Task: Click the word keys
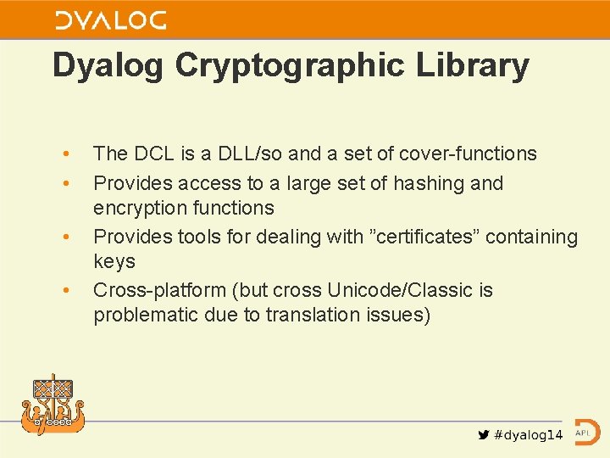pos(114,261)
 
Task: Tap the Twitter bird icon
pos(484,435)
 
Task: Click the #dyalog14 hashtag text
pos(528,435)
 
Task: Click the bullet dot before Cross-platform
pos(65,290)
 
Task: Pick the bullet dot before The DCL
pos(65,154)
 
